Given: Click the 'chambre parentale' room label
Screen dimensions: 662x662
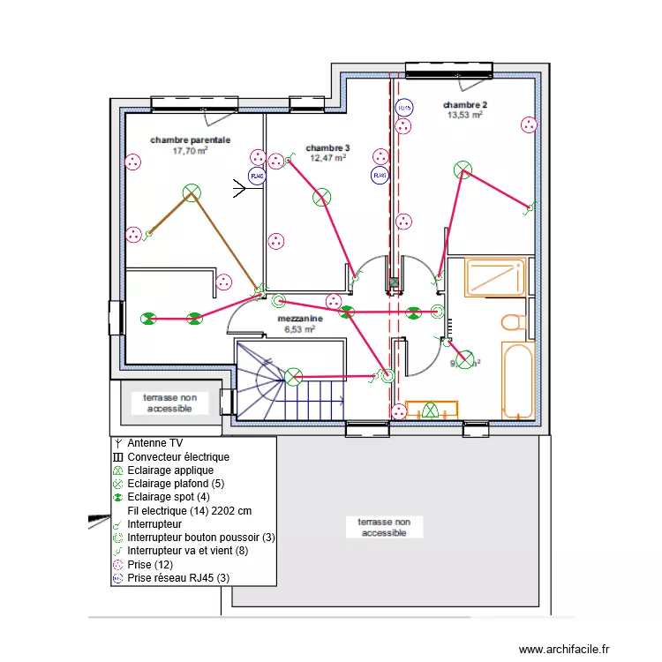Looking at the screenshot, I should [190, 139].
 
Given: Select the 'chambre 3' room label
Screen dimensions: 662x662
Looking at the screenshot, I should [327, 147].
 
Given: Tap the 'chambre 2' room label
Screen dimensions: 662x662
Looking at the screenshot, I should [464, 104].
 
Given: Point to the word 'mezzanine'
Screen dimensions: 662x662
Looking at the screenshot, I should [298, 319].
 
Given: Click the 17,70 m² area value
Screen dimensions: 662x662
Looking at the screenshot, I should [190, 150].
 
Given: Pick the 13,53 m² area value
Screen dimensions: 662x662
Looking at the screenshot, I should [464, 115].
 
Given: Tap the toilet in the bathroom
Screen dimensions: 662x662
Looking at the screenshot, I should [513, 322].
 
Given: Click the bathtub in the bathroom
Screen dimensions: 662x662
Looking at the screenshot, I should [518, 380].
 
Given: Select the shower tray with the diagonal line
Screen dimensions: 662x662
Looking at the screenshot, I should [495, 278].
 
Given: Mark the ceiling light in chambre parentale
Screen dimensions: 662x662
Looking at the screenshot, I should [191, 192].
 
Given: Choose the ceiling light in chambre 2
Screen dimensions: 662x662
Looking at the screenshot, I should [462, 169].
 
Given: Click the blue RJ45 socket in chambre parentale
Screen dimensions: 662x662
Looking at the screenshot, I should [257, 177].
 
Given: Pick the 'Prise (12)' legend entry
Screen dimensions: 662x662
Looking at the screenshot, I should [155, 564].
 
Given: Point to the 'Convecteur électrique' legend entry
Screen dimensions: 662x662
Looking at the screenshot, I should [178, 457].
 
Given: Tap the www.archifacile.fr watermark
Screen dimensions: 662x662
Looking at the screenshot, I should [563, 649].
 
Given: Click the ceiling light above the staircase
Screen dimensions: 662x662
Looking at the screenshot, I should [294, 377].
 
